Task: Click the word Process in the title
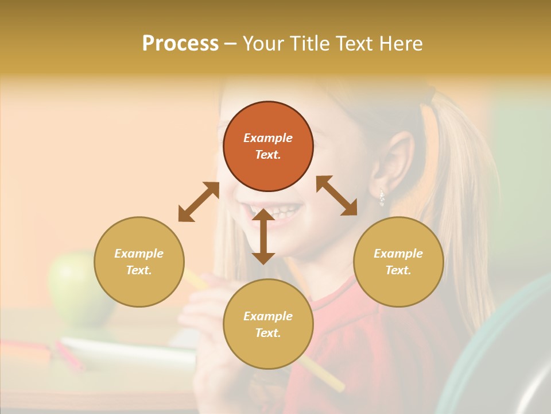point(180,43)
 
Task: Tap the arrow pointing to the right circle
point(337,196)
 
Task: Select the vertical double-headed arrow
point(263,236)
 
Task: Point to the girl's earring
point(382,198)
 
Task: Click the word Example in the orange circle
point(268,138)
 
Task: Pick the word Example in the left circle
point(139,254)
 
